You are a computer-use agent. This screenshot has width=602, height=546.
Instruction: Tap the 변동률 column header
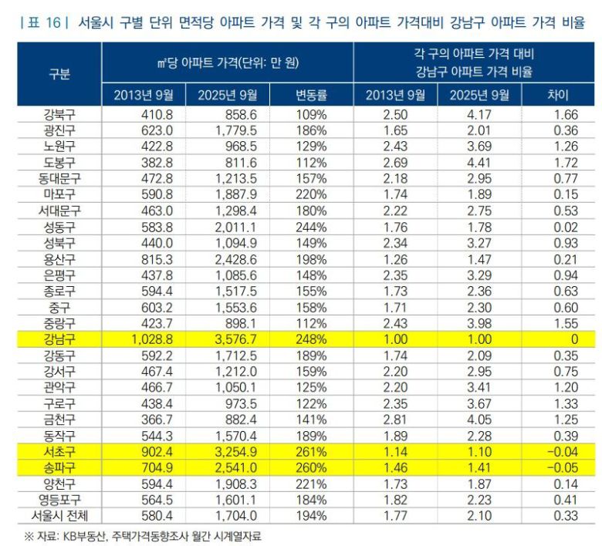pyautogui.click(x=310, y=96)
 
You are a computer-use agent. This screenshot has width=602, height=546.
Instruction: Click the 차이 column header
pyautogui.click(x=556, y=96)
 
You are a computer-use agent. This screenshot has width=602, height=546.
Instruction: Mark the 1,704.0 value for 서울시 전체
pyautogui.click(x=229, y=514)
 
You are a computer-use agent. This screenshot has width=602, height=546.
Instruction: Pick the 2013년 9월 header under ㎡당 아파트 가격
pyautogui.click(x=144, y=96)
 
